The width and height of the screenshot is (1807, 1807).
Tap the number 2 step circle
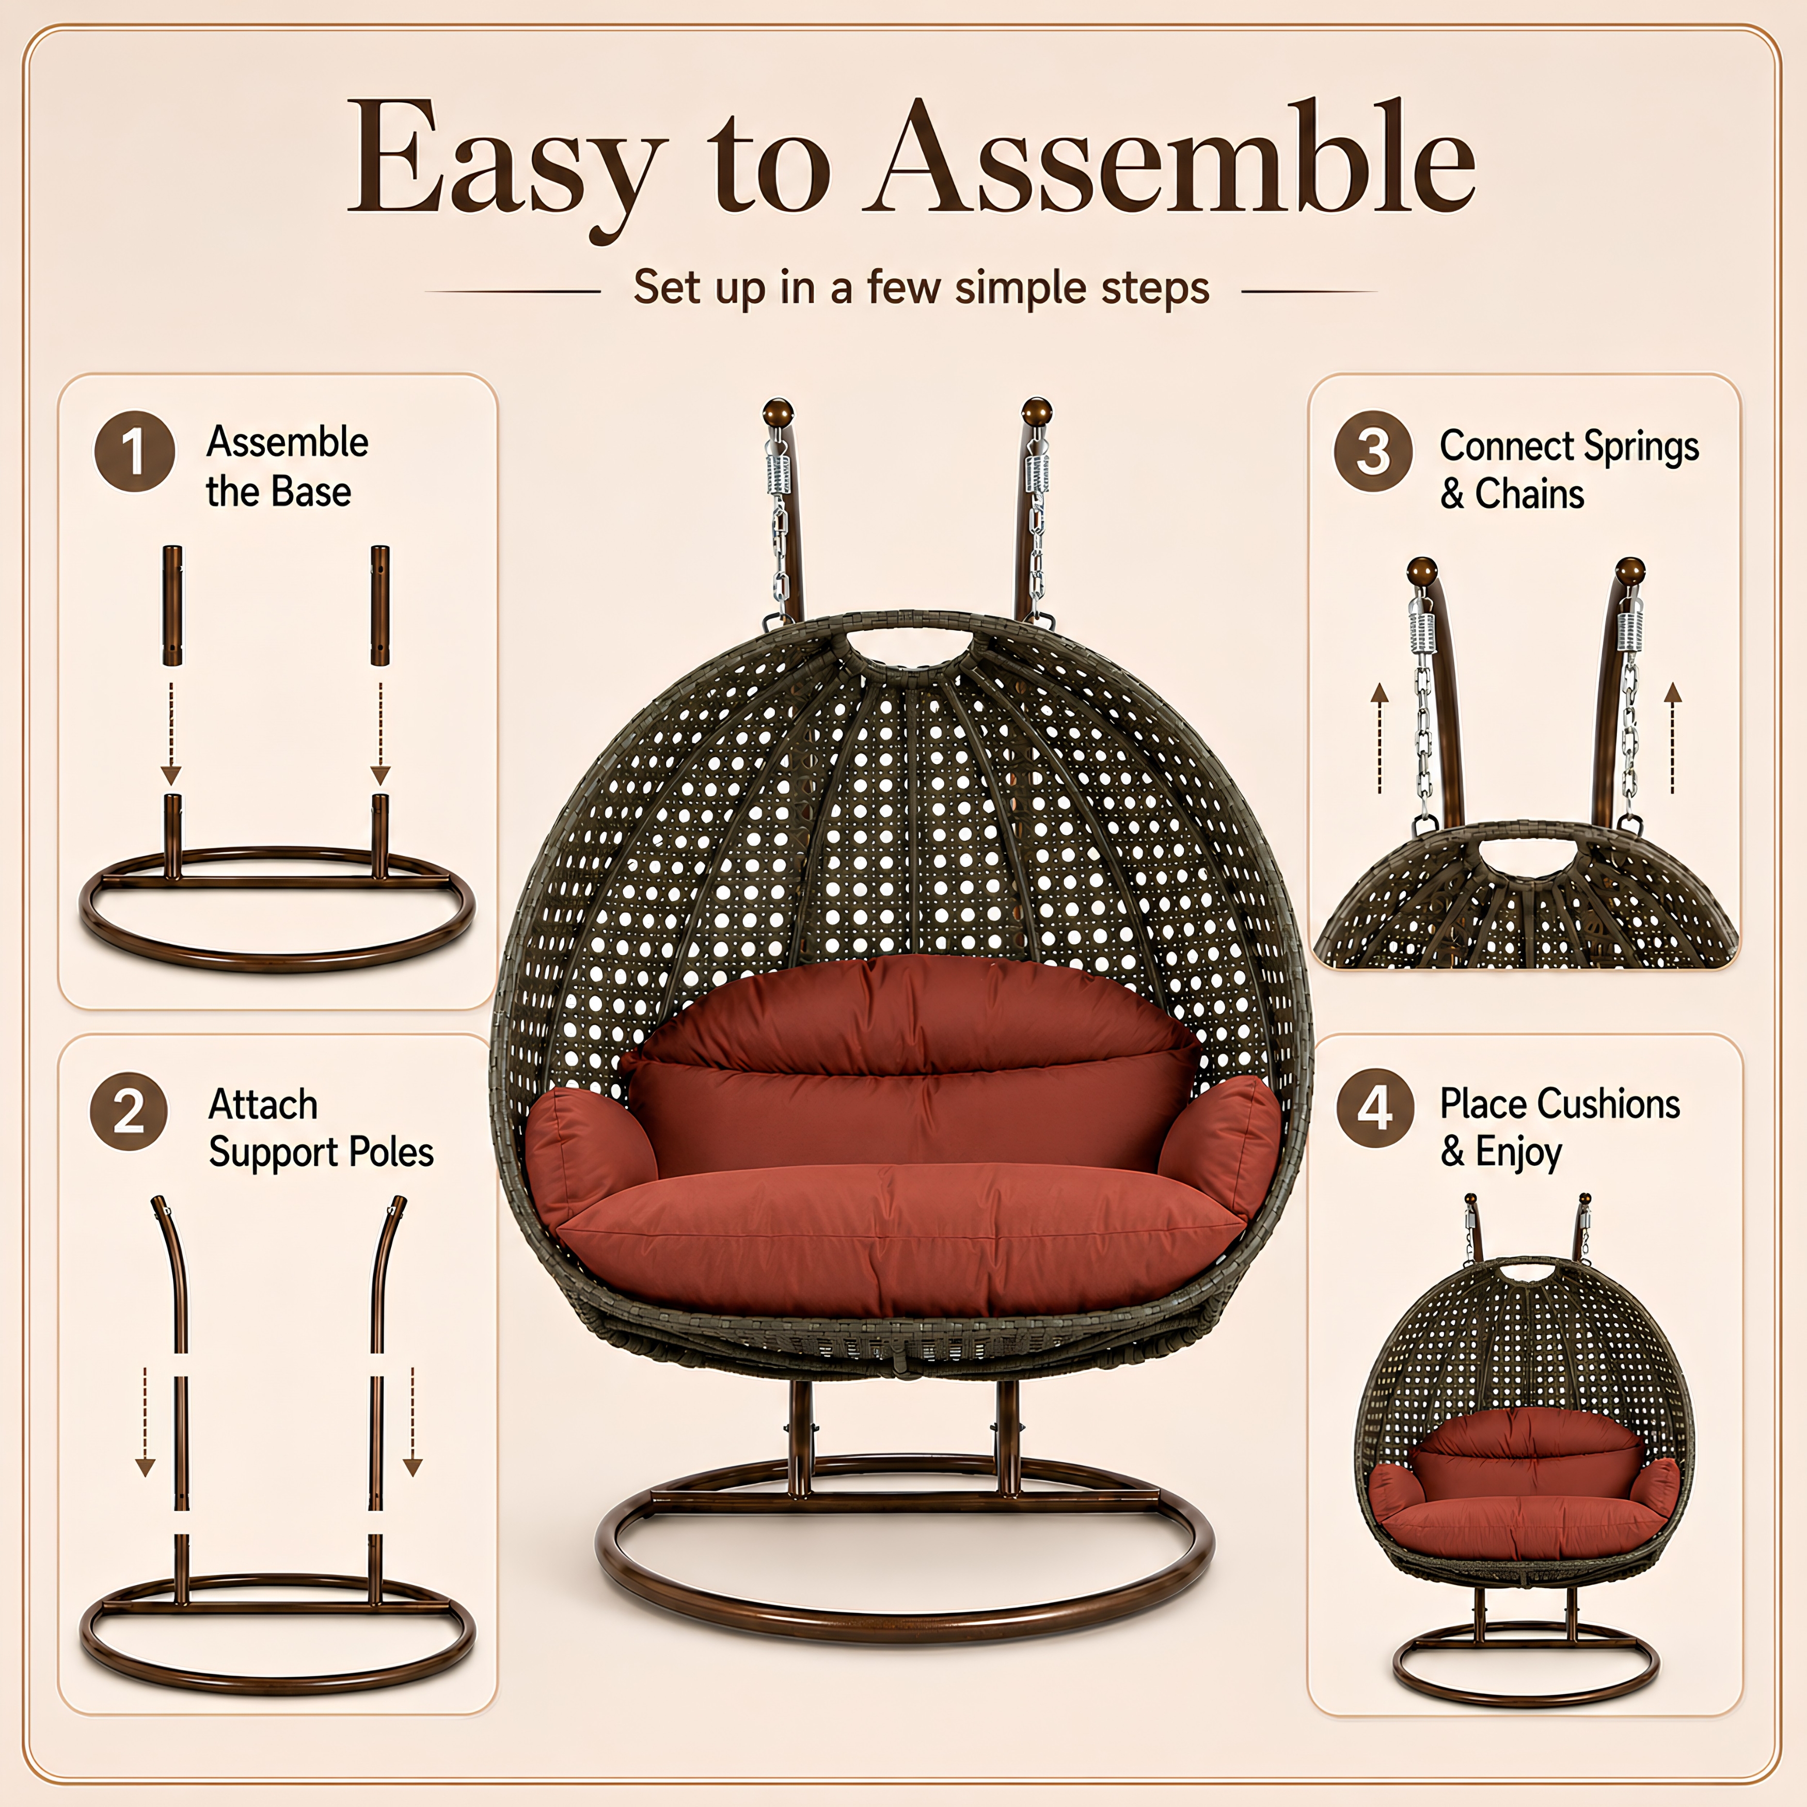[x=129, y=1111]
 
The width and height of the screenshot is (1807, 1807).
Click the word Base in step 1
[x=311, y=492]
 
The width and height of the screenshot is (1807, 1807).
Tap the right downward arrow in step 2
[x=413, y=1422]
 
